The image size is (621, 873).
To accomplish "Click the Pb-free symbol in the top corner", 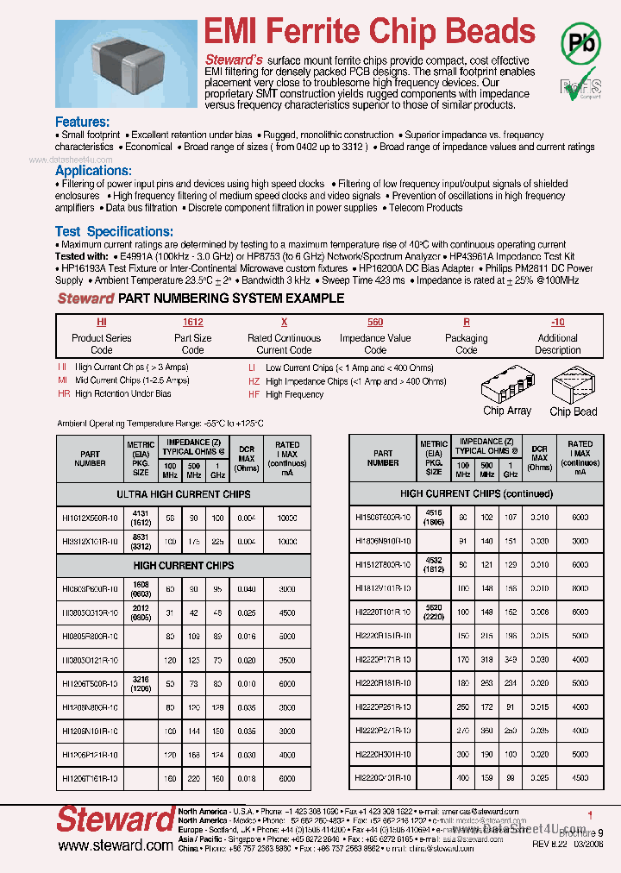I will point(582,41).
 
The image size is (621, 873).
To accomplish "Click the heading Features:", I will point(82,122).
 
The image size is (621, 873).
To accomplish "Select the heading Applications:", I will point(93,171).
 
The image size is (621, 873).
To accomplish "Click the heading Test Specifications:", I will point(114,231).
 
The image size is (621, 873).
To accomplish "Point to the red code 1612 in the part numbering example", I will point(192,321).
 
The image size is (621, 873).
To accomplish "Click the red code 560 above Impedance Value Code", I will point(375,321).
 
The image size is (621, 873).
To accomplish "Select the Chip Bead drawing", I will point(573,383).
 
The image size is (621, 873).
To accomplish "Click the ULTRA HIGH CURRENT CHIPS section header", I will point(184,494).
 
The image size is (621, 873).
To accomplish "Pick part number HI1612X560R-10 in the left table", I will point(91,517).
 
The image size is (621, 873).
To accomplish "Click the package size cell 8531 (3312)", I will point(141,541).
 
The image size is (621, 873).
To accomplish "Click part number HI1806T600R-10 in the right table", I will point(384,517).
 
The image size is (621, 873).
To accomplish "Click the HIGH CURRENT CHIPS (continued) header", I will point(476,494).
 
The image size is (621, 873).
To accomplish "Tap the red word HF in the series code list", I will point(254,394).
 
